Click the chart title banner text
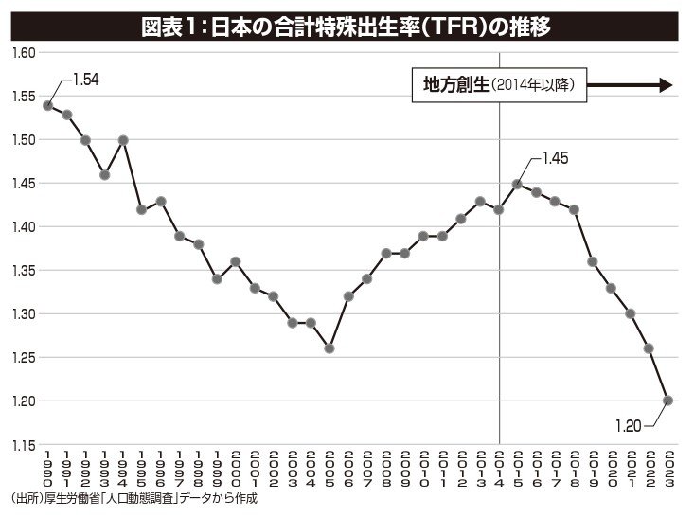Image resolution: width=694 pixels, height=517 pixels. (346, 26)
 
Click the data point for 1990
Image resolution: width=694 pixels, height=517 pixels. (47, 105)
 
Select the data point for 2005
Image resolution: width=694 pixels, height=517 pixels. (329, 348)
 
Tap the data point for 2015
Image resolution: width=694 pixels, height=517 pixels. (517, 184)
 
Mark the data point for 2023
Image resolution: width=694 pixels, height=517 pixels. (667, 401)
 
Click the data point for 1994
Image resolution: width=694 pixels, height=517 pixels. (123, 140)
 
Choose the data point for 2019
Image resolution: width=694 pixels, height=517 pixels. (593, 261)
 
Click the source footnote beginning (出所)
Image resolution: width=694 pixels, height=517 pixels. (133, 499)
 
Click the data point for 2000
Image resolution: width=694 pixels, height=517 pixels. (236, 261)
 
